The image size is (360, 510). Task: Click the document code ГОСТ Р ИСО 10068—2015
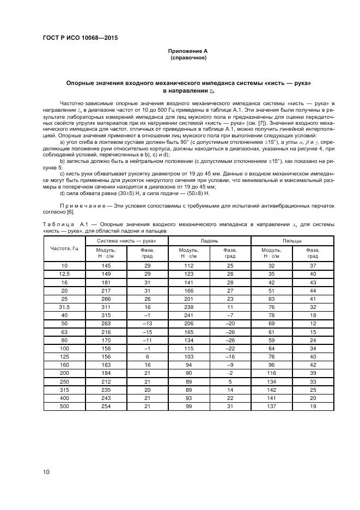[80, 38]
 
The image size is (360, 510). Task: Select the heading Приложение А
[188, 51]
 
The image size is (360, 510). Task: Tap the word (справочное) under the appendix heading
[188, 57]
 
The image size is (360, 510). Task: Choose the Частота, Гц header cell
[64, 248]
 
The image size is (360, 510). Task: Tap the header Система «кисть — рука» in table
[126, 240]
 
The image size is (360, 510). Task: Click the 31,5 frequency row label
[64, 307]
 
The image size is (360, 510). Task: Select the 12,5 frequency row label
[64, 273]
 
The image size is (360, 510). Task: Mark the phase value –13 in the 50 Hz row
[147, 324]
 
